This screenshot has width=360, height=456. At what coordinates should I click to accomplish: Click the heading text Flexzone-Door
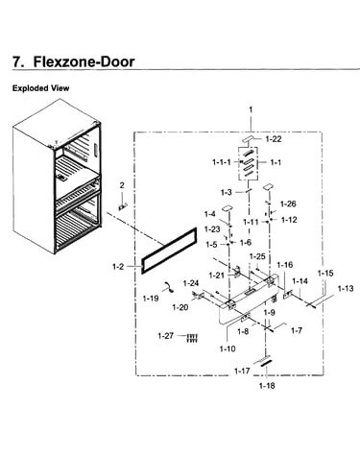click(x=84, y=61)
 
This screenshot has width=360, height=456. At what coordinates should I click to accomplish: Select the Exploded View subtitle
click(x=40, y=88)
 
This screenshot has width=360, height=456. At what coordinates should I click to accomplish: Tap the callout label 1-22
click(x=274, y=139)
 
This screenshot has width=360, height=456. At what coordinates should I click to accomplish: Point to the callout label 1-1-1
click(x=222, y=162)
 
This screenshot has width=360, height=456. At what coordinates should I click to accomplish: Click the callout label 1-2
click(x=118, y=266)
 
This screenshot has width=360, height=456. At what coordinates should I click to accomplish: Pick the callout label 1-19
click(x=151, y=299)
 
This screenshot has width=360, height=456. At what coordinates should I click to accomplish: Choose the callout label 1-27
click(x=166, y=336)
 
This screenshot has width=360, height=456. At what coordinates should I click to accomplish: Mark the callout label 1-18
click(x=267, y=386)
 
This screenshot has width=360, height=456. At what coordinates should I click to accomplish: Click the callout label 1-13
click(x=346, y=289)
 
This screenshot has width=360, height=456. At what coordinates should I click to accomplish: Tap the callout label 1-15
click(x=325, y=274)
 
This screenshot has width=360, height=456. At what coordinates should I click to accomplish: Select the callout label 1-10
click(x=228, y=348)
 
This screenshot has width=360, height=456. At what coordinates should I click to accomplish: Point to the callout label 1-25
click(x=257, y=256)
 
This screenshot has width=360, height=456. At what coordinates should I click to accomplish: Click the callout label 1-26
click(x=288, y=204)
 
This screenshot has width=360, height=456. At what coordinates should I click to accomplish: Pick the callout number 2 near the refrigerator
click(x=122, y=185)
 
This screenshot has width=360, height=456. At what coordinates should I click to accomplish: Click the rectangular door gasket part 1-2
click(x=169, y=251)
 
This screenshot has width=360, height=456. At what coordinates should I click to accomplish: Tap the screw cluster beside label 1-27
click(x=192, y=338)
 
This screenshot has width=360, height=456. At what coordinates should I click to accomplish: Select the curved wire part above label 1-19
click(x=168, y=287)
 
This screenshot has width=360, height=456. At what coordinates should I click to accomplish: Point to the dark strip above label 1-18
click(x=266, y=363)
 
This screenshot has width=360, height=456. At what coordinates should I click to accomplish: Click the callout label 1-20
click(x=180, y=307)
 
